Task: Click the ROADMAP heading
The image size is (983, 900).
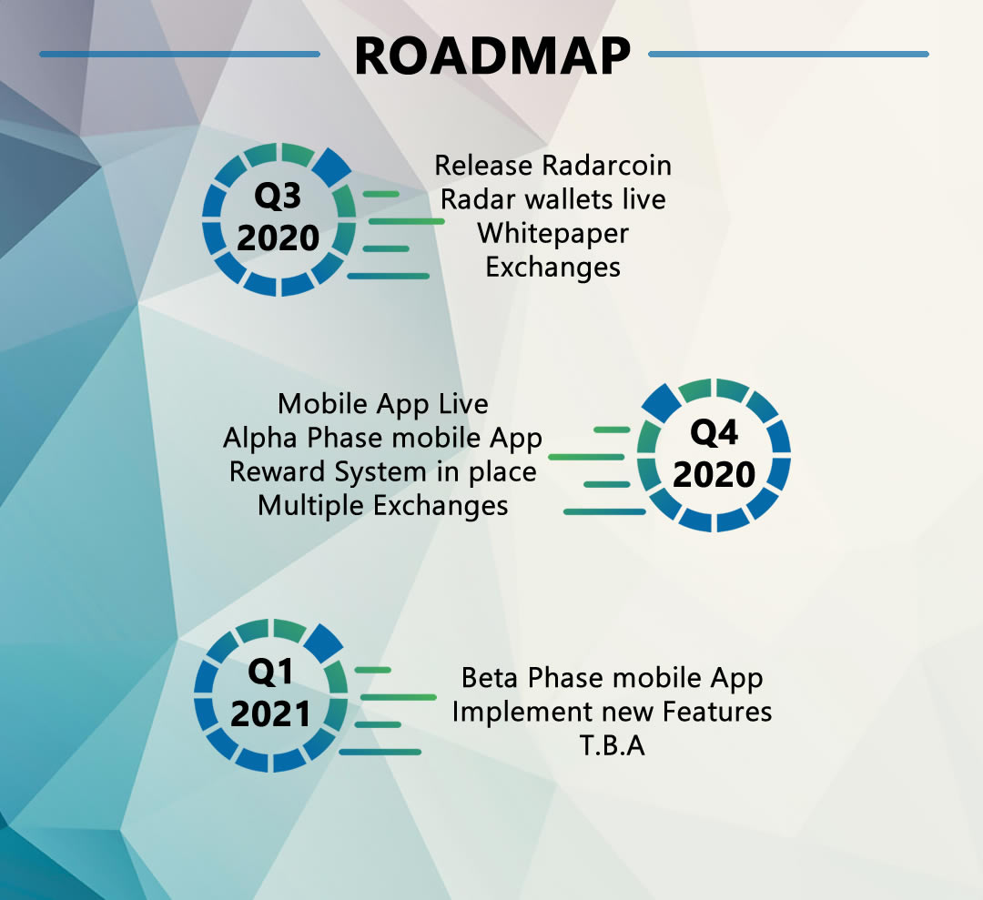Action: click(x=492, y=56)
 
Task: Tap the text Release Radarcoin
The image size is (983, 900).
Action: click(x=553, y=166)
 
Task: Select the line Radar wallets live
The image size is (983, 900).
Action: click(x=553, y=199)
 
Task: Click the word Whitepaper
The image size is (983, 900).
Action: click(x=553, y=234)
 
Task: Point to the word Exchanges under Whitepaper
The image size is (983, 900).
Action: click(x=553, y=268)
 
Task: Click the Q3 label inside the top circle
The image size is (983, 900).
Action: click(x=278, y=197)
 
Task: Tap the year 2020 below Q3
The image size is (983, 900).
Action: click(x=278, y=238)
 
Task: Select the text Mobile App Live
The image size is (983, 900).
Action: click(x=383, y=404)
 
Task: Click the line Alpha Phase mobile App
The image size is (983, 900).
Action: click(x=382, y=438)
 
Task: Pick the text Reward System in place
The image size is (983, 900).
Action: click(x=382, y=472)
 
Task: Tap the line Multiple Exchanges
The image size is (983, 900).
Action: click(x=382, y=506)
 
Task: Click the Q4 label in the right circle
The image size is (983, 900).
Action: click(x=714, y=432)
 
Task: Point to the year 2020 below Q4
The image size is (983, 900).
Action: click(x=714, y=474)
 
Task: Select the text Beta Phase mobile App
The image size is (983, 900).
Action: click(x=612, y=678)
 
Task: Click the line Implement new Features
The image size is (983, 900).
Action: click(x=612, y=712)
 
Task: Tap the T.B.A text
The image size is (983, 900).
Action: click(x=612, y=746)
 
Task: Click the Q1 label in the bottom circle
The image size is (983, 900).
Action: click(x=270, y=672)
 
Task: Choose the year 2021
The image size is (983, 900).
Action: click(x=270, y=714)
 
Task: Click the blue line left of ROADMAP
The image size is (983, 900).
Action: click(x=180, y=54)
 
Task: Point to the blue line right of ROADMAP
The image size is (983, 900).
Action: click(x=788, y=54)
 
